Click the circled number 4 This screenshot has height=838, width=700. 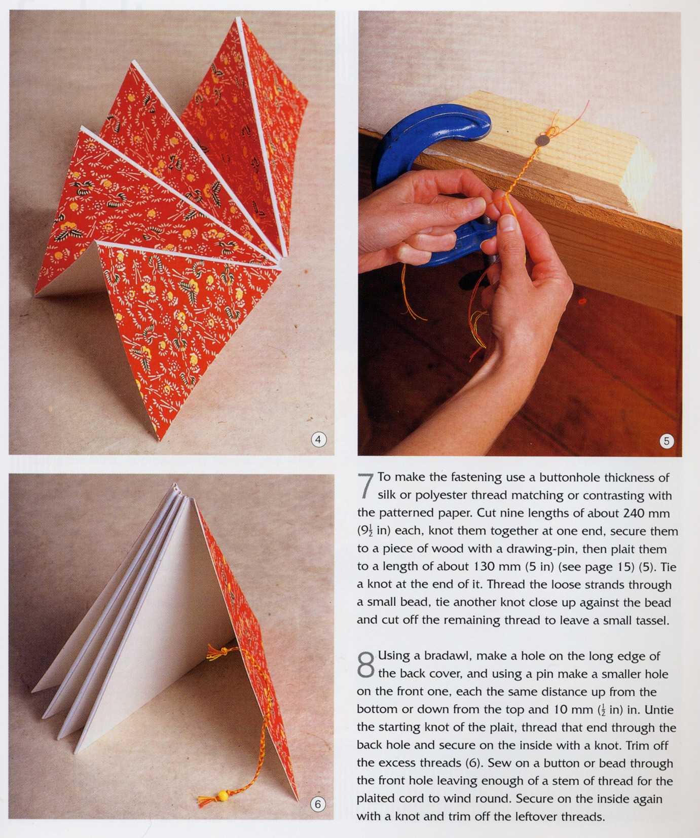click(x=318, y=440)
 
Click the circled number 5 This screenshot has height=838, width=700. click(x=667, y=441)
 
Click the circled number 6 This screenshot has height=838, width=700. click(x=318, y=804)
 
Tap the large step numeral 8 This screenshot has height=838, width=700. click(x=366, y=664)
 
